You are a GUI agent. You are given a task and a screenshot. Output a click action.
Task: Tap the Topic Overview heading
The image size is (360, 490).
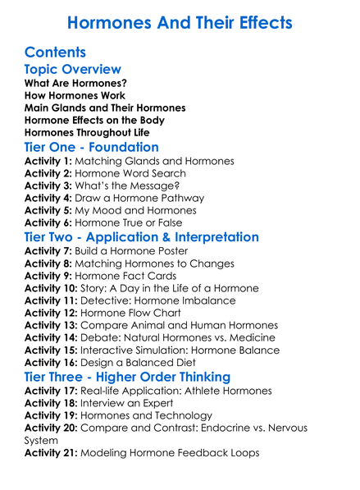coord(73,69)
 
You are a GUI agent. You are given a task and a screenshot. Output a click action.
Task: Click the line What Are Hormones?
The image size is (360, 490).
coord(75,84)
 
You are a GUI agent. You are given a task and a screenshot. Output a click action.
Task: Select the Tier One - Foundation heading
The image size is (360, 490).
coord(92,147)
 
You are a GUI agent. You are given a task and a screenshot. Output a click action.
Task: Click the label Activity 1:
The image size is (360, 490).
coord(48,162)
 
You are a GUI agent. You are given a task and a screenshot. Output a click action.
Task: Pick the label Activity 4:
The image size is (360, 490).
coord(48,198)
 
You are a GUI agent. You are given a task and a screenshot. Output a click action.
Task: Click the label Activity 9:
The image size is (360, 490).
coord(48,276)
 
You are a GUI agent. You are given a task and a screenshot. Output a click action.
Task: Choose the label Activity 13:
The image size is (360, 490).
coord(51,325)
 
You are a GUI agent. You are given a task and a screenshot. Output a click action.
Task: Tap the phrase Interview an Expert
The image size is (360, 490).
coord(128,403)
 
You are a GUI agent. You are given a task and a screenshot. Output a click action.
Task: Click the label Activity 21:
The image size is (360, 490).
coord(51,452)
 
